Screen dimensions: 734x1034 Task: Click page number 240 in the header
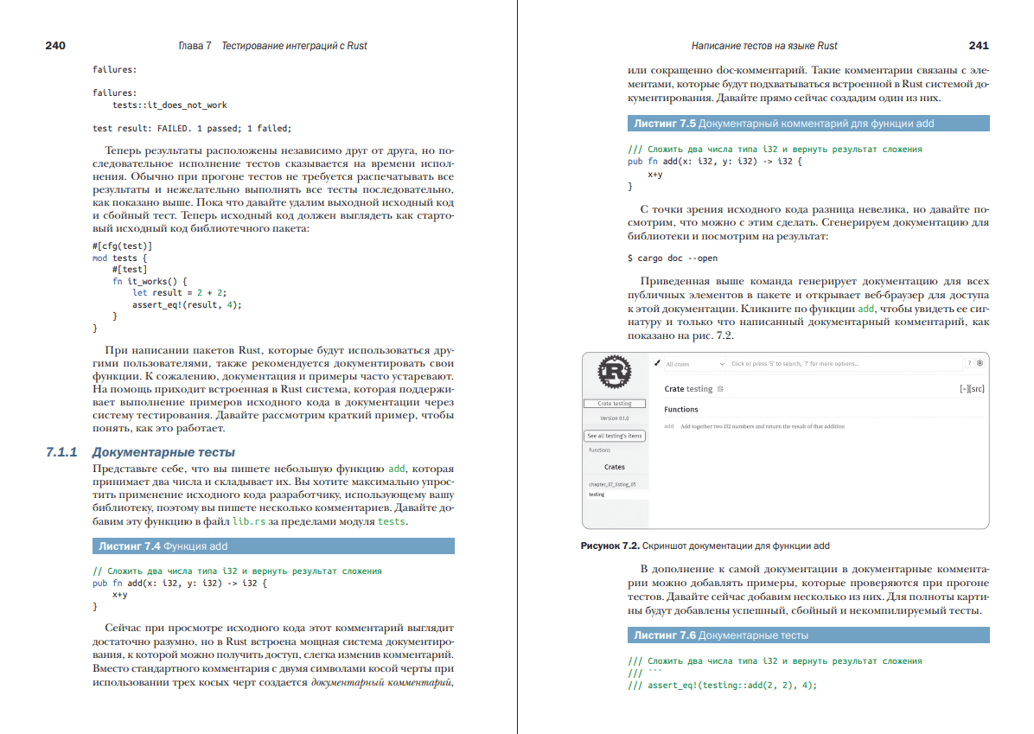(x=55, y=46)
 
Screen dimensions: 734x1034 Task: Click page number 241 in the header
(x=979, y=46)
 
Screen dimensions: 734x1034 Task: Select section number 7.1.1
(x=62, y=452)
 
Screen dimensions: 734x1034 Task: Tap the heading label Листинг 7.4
(x=129, y=546)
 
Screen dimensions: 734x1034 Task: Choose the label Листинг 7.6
(x=664, y=635)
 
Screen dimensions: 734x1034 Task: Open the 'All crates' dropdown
(x=695, y=364)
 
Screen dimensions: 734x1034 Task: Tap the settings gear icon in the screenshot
(x=980, y=363)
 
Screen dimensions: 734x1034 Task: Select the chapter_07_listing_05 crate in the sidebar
(x=612, y=485)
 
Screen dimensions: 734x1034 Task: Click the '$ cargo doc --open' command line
(x=672, y=258)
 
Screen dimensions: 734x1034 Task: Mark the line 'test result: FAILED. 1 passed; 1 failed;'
(x=192, y=129)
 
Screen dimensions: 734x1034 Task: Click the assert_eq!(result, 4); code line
(x=187, y=304)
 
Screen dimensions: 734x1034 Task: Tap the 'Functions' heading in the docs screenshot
(x=681, y=409)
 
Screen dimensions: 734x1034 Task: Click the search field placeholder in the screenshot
(x=795, y=364)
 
